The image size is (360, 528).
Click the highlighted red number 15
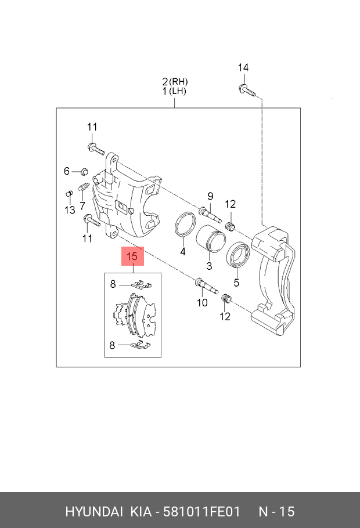132,256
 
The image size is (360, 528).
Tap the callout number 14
243,68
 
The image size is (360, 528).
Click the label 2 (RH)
175,82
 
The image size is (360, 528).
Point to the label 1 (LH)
175,92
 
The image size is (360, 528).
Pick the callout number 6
67,171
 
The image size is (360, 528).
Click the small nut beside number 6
83,171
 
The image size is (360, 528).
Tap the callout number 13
69,209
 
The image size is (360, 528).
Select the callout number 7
82,205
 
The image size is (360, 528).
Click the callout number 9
211,196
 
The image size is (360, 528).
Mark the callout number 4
182,252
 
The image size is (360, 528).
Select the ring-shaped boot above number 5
238,255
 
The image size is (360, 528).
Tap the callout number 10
201,302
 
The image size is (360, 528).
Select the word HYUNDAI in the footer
93,511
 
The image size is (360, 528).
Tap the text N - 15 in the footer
276,511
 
